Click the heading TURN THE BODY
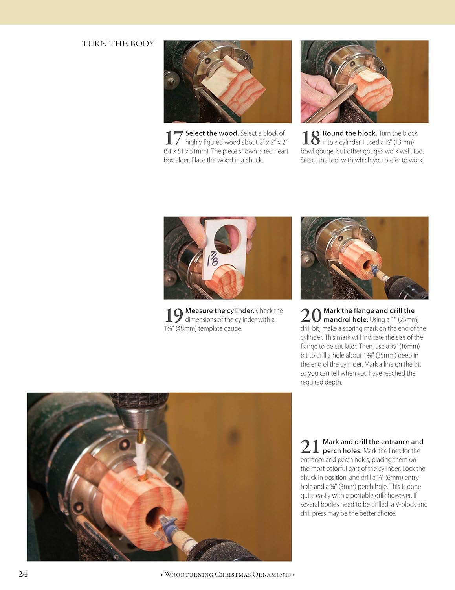(118, 44)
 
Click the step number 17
(173, 138)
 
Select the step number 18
(310, 138)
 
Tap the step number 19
(173, 315)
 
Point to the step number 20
(311, 315)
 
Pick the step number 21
(310, 447)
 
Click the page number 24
(23, 574)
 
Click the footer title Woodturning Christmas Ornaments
(228, 575)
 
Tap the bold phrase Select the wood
(212, 133)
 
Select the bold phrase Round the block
(350, 133)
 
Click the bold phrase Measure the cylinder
(220, 311)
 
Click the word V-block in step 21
(406, 505)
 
